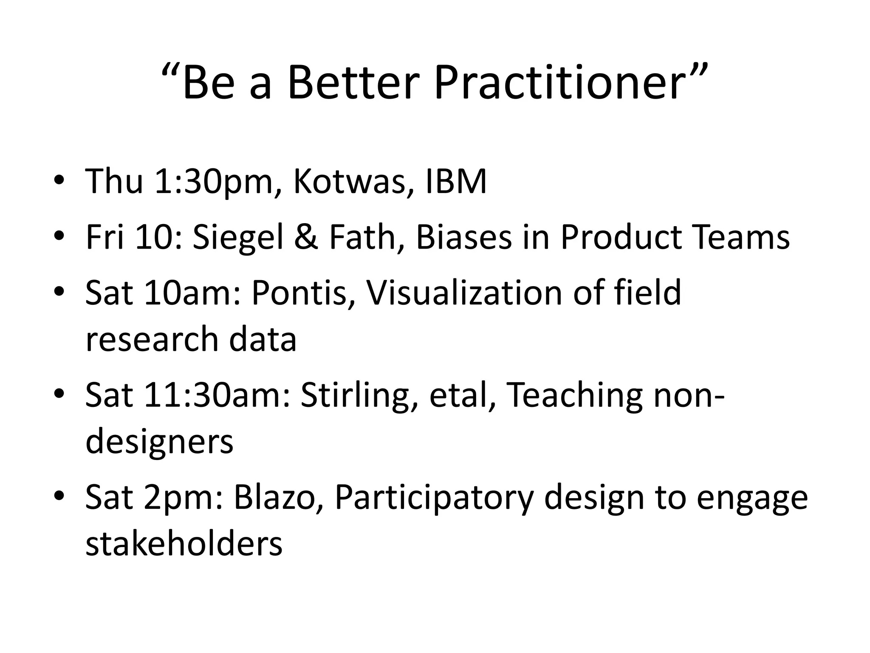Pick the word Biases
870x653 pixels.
(463, 237)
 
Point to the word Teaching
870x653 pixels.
(574, 395)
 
